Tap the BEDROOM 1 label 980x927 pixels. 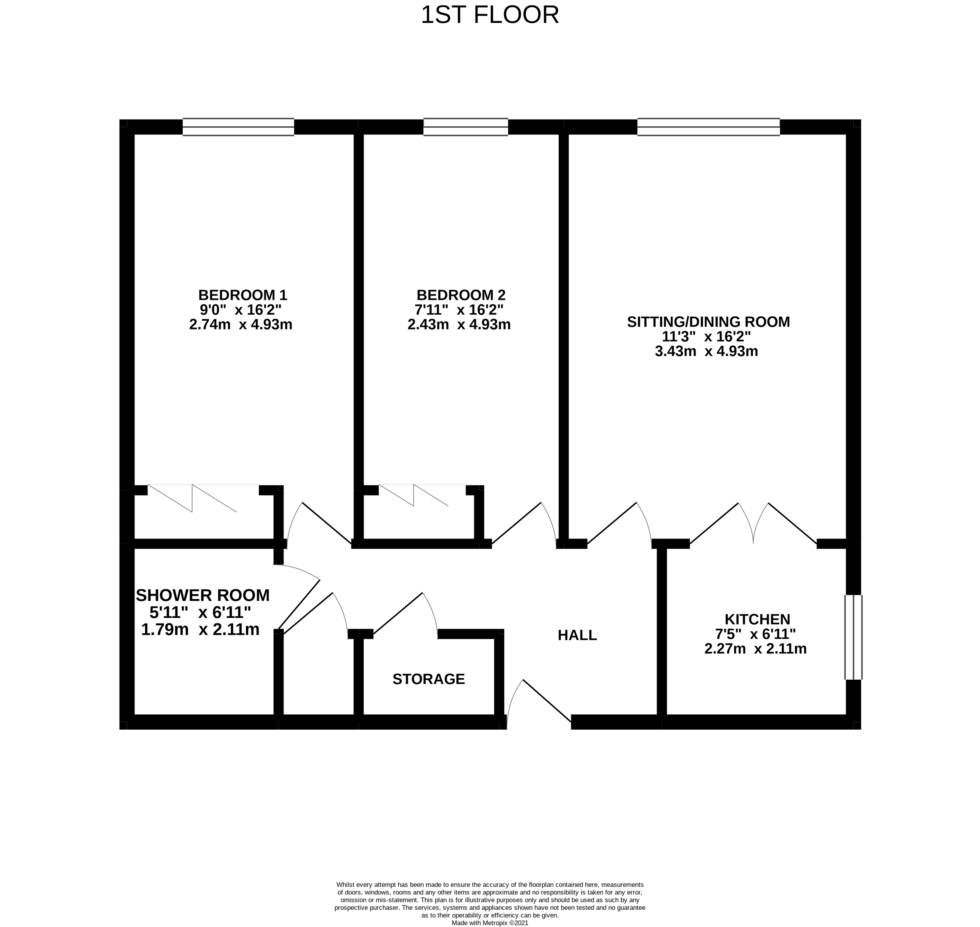pyautogui.click(x=242, y=295)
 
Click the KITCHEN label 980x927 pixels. pyautogui.click(x=757, y=619)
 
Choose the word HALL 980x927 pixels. pyautogui.click(x=577, y=635)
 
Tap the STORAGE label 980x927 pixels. pyautogui.click(x=428, y=679)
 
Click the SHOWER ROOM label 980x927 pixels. pyautogui.click(x=203, y=596)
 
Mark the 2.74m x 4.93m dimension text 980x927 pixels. pyautogui.click(x=241, y=325)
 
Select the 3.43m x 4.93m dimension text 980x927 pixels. pyautogui.click(x=706, y=351)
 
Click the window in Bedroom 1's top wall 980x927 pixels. pyautogui.click(x=238, y=127)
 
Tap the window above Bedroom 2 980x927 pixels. pyautogui.click(x=466, y=127)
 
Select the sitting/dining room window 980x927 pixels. pyautogui.click(x=708, y=127)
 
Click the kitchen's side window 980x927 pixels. pyautogui.click(x=853, y=637)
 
